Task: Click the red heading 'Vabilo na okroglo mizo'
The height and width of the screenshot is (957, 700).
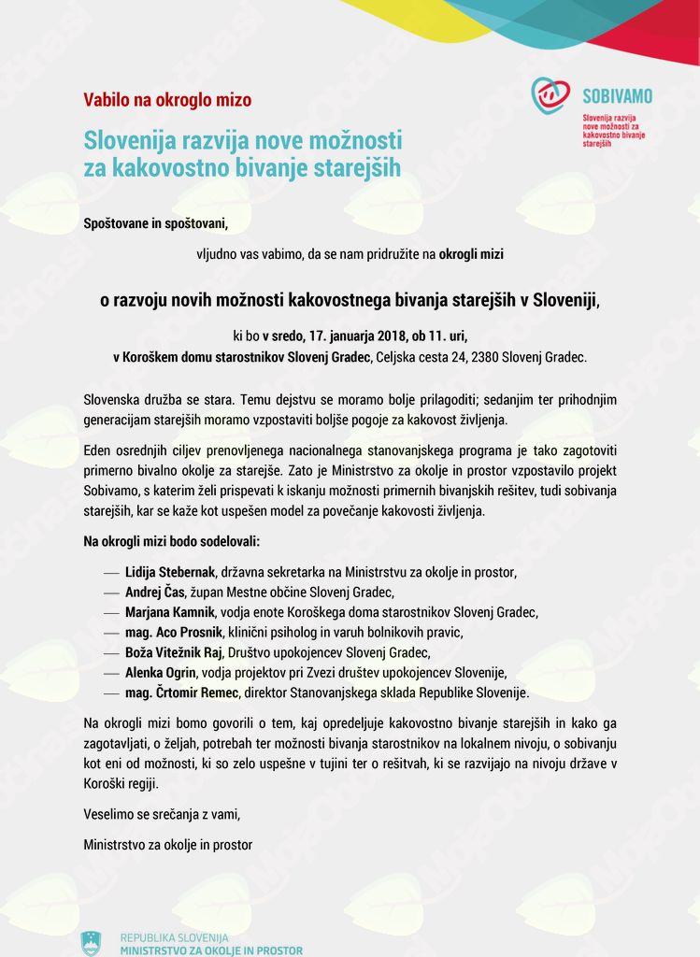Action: [x=167, y=100]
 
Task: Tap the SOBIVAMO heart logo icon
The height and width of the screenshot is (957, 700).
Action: [x=551, y=95]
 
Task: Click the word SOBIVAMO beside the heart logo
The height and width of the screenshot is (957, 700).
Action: [x=617, y=95]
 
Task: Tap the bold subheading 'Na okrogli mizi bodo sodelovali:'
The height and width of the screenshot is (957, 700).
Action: [x=172, y=541]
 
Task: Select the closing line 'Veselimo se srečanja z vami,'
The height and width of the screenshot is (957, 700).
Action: [x=162, y=814]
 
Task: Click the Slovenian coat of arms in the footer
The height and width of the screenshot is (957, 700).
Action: [x=91, y=943]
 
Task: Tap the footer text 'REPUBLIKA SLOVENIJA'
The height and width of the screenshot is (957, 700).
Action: [x=174, y=937]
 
